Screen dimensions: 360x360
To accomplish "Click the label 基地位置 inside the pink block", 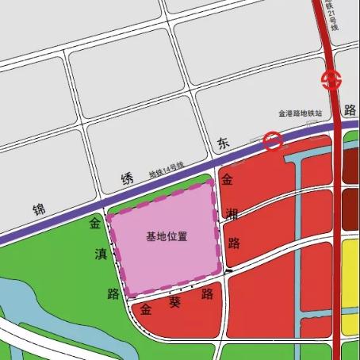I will pos(167,236).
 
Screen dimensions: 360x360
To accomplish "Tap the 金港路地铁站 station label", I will pos(300,114).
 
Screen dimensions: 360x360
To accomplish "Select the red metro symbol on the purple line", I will pos(273,140).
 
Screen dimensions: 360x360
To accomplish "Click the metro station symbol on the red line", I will pos(331,79).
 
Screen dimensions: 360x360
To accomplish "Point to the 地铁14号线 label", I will pos(167,170).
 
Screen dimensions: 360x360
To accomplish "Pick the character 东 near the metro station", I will pos(224,144).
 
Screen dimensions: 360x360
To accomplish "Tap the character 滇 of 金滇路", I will pos(100,255).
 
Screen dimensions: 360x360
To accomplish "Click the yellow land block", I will pos(350,285).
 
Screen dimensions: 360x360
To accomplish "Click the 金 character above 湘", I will pos(228,181).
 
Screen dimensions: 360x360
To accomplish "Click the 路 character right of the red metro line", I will pos(351,108).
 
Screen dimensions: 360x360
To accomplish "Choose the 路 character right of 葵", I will pos(208,294).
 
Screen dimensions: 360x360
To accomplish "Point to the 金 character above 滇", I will pos(95,224).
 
